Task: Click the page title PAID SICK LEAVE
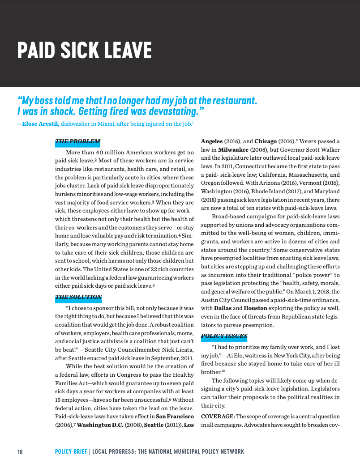[x=84, y=50]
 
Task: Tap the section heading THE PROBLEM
[x=77, y=142]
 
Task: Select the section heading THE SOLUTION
[x=78, y=297]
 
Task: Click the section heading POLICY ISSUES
[x=224, y=336]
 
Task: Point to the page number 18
[x=20, y=451]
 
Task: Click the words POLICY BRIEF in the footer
[x=71, y=451]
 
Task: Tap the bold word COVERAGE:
[x=218, y=417]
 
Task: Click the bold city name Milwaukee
[x=233, y=149]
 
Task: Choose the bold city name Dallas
[x=223, y=308]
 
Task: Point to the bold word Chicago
[x=266, y=141]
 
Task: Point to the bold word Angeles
[x=211, y=141]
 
